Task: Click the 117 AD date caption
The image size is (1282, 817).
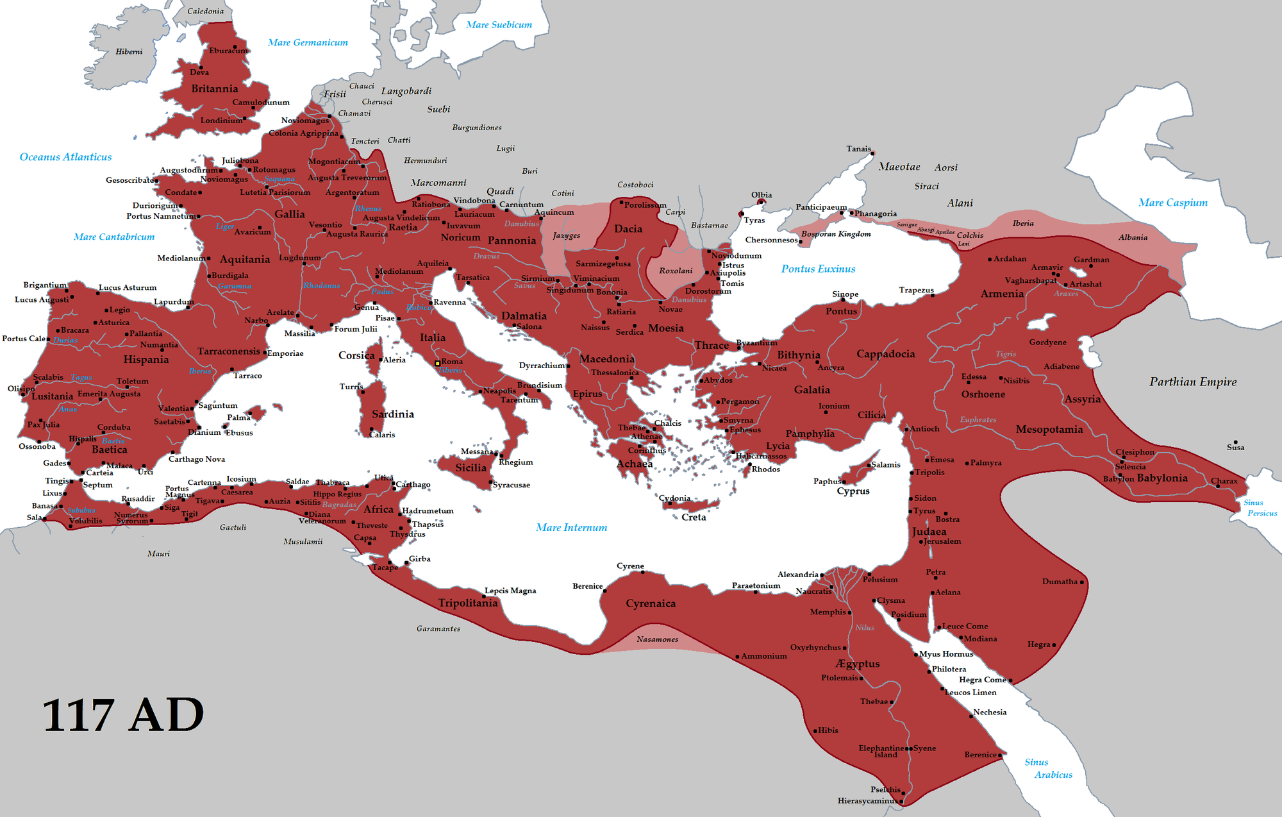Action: coord(123,715)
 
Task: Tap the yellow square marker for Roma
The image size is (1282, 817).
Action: coord(437,364)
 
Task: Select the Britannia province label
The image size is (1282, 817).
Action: coord(214,88)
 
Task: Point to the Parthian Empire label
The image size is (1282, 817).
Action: coord(1193,382)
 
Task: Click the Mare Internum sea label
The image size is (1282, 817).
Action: coord(571,527)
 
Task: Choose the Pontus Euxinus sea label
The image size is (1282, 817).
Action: coord(818,269)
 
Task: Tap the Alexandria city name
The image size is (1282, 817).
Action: coord(797,574)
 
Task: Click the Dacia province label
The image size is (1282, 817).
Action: coord(628,229)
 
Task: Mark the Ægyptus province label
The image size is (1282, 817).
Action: coord(858,664)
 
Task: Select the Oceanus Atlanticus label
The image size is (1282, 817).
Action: coord(65,157)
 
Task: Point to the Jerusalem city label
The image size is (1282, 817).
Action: coord(942,541)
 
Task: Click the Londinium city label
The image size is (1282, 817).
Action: coord(221,121)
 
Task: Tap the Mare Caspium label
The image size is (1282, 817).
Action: coord(1173,203)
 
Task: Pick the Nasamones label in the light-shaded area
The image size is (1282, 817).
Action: coord(657,639)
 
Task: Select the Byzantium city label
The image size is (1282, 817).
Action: coord(757,342)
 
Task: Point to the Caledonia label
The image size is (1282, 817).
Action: coord(205,11)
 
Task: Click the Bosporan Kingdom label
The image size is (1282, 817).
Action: coord(836,234)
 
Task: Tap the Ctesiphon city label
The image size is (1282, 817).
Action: coord(1135,452)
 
